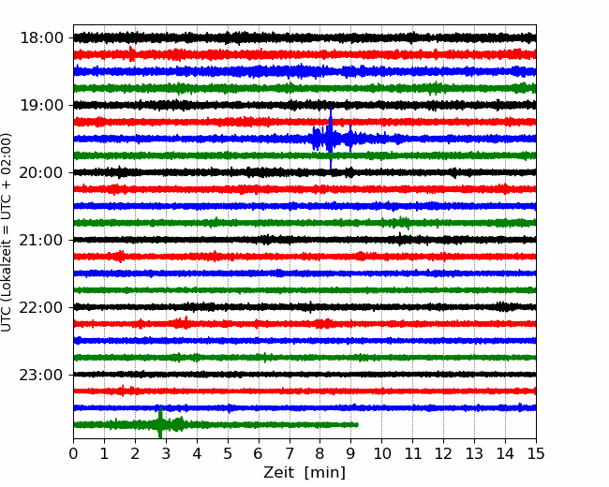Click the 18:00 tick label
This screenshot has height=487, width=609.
point(41,38)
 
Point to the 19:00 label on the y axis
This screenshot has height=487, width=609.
point(41,105)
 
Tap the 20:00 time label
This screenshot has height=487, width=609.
point(41,172)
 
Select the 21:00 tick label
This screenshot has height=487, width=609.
point(41,240)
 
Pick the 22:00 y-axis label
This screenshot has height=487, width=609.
point(41,307)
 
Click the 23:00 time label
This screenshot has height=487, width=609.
point(41,375)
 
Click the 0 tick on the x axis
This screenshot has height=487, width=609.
point(73,453)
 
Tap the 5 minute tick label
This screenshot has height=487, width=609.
point(228,453)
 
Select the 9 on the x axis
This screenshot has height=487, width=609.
point(350,453)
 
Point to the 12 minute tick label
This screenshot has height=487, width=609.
point(443,453)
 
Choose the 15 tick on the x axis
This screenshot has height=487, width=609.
point(536,453)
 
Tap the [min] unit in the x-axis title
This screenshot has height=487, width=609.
point(325,473)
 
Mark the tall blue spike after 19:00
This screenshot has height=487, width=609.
point(331,138)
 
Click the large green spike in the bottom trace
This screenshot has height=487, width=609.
point(160,422)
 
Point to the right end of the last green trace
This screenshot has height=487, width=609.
point(358,425)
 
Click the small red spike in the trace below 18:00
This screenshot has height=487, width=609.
point(132,53)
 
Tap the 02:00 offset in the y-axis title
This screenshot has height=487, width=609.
point(6,150)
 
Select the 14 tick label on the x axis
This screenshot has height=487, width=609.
point(505,453)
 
